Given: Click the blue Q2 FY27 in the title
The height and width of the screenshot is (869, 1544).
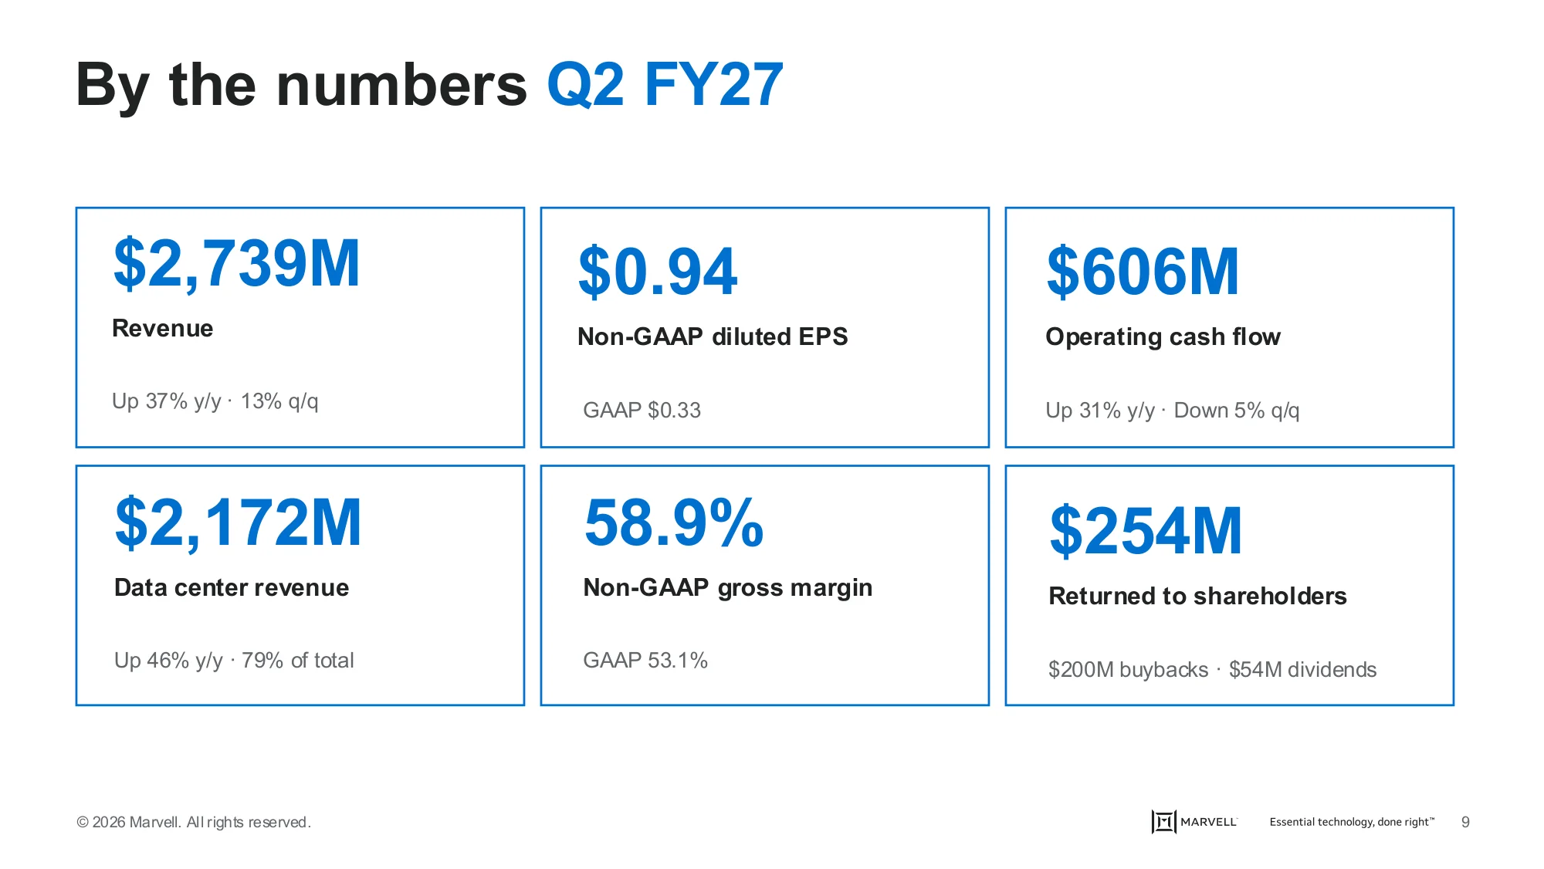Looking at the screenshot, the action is (x=665, y=85).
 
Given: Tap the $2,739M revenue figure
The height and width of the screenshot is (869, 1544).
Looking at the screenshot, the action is (x=236, y=265).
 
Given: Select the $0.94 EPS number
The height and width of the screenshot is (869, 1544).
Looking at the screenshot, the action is (x=658, y=272).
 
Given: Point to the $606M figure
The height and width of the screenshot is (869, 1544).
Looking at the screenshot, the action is (x=1143, y=272).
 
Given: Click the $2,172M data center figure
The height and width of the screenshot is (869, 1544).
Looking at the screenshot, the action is (x=238, y=523).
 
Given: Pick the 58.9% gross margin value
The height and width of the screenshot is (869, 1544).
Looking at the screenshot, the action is (x=674, y=523).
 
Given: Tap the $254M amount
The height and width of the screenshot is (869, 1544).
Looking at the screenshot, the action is (x=1146, y=532).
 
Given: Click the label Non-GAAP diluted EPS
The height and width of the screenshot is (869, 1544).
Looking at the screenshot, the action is (x=713, y=336).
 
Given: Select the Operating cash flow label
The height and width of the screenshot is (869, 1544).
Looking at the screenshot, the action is (x=1163, y=337).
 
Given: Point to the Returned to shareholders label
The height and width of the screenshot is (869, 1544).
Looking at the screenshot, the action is (x=1197, y=596).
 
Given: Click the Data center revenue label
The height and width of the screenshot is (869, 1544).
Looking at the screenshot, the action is (x=232, y=587).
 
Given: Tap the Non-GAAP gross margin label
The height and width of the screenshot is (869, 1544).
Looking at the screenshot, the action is (x=728, y=588).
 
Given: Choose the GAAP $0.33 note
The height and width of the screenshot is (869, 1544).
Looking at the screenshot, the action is (x=642, y=410).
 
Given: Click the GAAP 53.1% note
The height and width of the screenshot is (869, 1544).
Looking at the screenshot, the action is (x=645, y=660).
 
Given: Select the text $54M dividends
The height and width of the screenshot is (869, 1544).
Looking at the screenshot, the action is (x=1302, y=669).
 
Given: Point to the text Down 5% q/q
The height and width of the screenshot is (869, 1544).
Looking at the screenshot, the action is (x=1237, y=411).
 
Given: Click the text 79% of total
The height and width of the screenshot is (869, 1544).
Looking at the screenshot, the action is (x=297, y=660).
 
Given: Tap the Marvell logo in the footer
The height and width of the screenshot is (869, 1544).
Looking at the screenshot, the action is (x=1194, y=822).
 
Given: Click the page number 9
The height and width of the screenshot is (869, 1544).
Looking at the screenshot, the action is (x=1465, y=822).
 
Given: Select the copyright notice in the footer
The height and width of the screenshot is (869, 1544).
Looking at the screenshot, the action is (x=194, y=822).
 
